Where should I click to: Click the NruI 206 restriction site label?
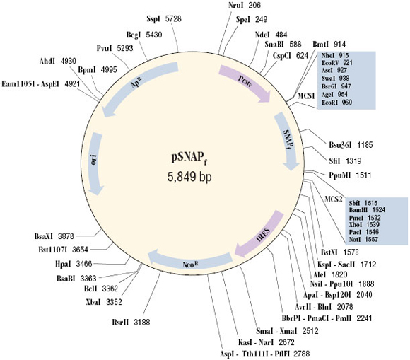(x=245, y=6)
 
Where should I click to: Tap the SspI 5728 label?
(x=165, y=17)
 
